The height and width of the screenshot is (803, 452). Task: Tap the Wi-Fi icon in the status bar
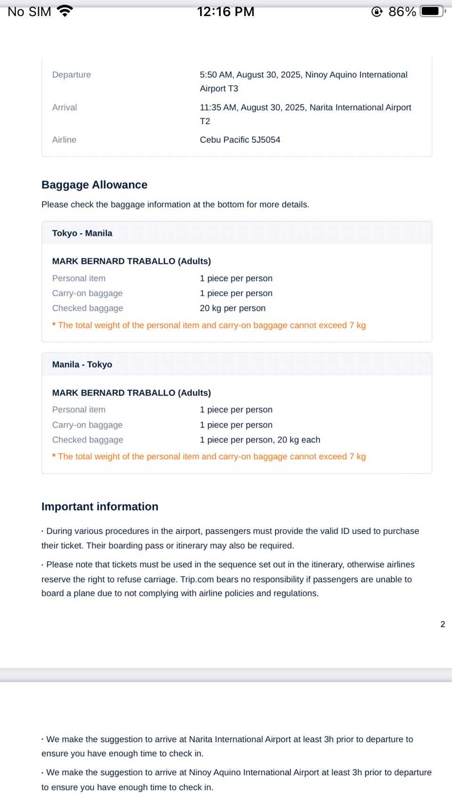(x=65, y=11)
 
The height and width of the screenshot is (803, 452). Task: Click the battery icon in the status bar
(x=432, y=11)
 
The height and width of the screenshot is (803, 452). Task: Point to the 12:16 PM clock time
(x=226, y=11)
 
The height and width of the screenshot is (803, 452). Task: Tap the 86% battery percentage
(x=402, y=11)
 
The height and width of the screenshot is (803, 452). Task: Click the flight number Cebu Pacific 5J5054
(x=240, y=140)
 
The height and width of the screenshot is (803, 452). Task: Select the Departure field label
(x=72, y=75)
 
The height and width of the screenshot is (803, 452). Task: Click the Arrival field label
(x=65, y=107)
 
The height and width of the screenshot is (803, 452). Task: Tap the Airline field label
(x=64, y=140)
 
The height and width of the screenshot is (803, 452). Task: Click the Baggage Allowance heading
(x=94, y=185)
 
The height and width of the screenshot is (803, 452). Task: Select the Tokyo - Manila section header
(x=82, y=233)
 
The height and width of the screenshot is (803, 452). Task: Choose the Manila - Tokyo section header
(x=82, y=364)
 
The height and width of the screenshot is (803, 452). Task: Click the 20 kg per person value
(x=233, y=308)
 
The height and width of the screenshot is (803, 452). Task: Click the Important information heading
(x=100, y=506)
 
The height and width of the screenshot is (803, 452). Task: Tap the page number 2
(x=443, y=624)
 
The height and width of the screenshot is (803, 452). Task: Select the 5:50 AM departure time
(x=216, y=75)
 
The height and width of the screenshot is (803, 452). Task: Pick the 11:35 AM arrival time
(x=218, y=107)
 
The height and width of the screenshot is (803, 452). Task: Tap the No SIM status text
(x=29, y=11)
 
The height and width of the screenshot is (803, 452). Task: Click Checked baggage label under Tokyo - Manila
(x=88, y=308)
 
